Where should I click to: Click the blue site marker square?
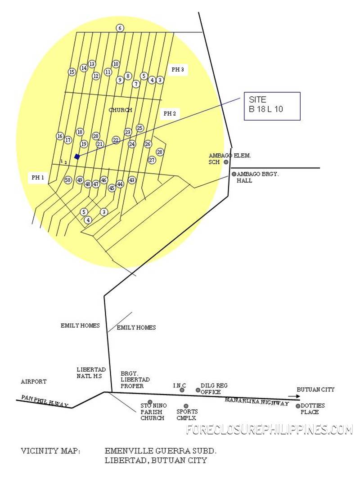[77, 157]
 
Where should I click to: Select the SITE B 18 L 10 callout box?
[272, 106]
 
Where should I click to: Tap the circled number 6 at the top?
[120, 28]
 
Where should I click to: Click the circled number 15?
[72, 72]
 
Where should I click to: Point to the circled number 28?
[160, 152]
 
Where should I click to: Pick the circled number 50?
[68, 180]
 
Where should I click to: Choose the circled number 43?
[132, 180]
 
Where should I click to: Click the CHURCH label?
[120, 110]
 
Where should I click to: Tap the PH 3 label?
[178, 69]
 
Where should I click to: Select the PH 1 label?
[38, 177]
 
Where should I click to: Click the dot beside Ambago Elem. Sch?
[226, 162]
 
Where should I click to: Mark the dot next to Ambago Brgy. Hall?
[234, 174]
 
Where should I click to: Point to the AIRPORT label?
[34, 381]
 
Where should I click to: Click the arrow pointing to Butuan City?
[294, 396]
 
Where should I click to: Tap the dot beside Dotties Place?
[298, 406]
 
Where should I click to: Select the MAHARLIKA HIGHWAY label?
[257, 402]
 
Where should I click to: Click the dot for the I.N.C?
[182, 390]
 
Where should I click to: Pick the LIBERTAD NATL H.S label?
[91, 373]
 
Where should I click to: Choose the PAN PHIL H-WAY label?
[45, 401]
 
